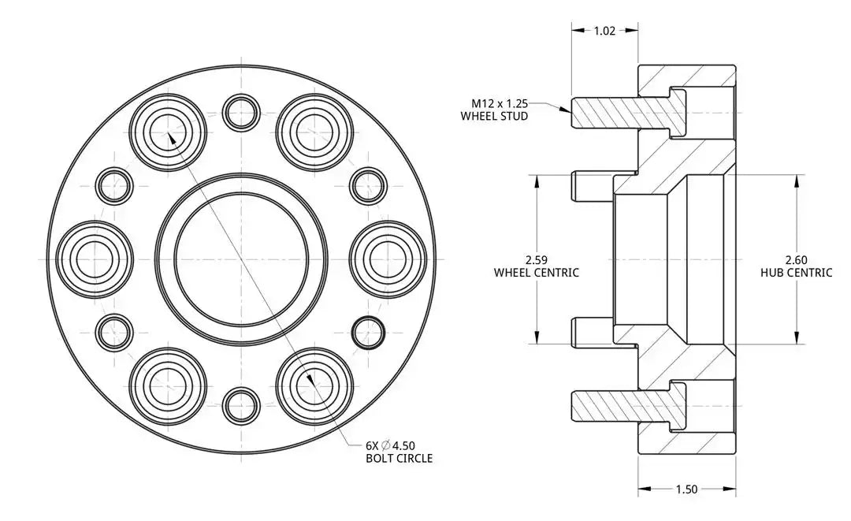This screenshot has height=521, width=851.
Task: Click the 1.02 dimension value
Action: pyautogui.click(x=604, y=31)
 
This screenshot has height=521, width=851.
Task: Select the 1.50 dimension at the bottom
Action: pyautogui.click(x=686, y=489)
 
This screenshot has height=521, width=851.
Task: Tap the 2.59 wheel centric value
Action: pyautogui.click(x=536, y=259)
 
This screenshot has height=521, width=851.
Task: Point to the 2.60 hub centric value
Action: pyautogui.click(x=796, y=259)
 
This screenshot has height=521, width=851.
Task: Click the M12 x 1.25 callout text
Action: pyautogui.click(x=500, y=103)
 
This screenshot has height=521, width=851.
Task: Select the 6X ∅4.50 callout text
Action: pyautogui.click(x=391, y=444)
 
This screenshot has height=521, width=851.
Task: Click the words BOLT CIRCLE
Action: pyautogui.click(x=399, y=458)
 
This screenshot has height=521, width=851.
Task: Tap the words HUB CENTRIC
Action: pyautogui.click(x=796, y=273)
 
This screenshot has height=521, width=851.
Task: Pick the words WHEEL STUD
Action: pyautogui.click(x=494, y=117)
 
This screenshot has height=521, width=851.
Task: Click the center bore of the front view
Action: pyautogui.click(x=241, y=259)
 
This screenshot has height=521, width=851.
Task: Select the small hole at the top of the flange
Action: pyautogui.click(x=241, y=113)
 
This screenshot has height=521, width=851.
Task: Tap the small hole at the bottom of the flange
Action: pyautogui.click(x=241, y=404)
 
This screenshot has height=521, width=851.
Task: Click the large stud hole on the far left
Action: pyautogui.click(x=95, y=259)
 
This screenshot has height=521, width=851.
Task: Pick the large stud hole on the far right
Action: pyautogui.click(x=388, y=259)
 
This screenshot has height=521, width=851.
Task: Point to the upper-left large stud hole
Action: pyautogui.click(x=168, y=132)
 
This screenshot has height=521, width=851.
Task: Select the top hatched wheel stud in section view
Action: pyautogui.click(x=622, y=112)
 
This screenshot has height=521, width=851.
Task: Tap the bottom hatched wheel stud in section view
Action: pyautogui.click(x=622, y=405)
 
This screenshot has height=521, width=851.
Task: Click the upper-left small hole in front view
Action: pyautogui.click(x=115, y=185)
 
